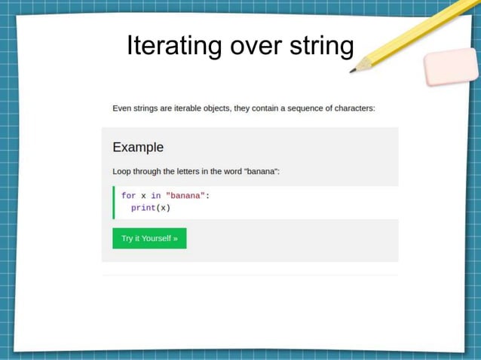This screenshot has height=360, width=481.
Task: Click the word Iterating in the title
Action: point(174,46)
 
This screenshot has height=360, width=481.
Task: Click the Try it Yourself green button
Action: point(149,239)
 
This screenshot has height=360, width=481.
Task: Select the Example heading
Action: point(138,147)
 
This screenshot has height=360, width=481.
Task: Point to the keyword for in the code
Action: point(128,196)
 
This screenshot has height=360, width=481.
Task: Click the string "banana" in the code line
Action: point(185,196)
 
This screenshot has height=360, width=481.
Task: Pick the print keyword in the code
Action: point(143,208)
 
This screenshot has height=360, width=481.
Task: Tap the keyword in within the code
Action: point(156,196)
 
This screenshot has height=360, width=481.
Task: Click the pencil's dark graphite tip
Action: point(353,71)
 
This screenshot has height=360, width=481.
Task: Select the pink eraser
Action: point(451,68)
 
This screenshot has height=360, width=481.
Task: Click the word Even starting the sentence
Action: point(121,108)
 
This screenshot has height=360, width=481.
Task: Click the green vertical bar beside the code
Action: point(114,202)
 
